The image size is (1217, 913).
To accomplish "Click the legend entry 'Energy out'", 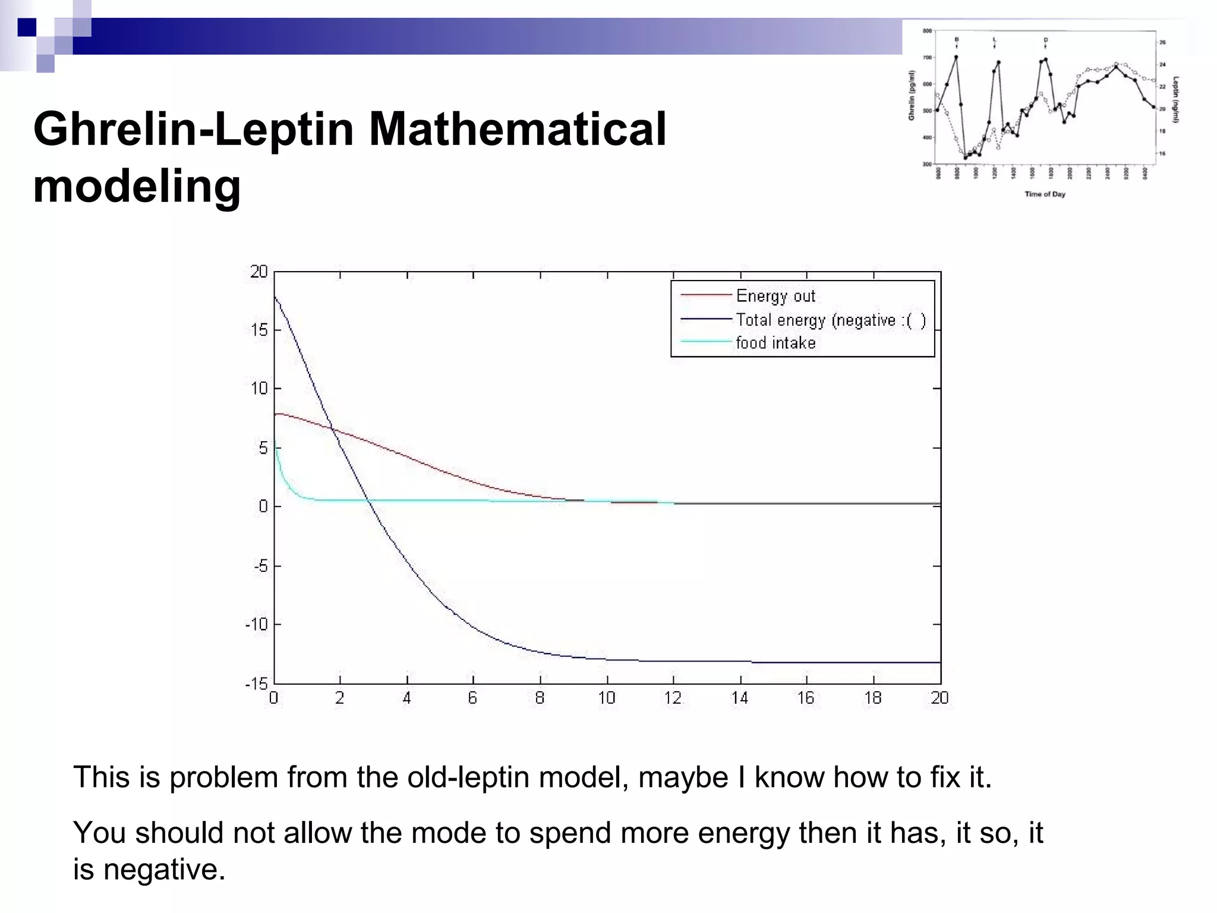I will pos(775,295).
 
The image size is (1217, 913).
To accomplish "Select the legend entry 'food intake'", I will pos(775,343).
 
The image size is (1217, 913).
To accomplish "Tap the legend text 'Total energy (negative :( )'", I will pos(830,320).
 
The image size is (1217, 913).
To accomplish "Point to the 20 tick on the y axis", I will pos(259,272).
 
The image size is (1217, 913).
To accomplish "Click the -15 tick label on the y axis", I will pos(257,684).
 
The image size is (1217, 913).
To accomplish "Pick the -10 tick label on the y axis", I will pos(257,624).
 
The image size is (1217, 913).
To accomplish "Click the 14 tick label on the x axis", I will pos(740,698).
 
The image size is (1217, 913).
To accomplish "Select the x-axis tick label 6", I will pos(473,698).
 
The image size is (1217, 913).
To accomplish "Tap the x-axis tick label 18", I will pos(873,698).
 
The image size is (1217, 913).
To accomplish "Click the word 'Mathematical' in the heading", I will pos(517,129).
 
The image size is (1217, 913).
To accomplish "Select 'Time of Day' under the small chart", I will pos(1045,194).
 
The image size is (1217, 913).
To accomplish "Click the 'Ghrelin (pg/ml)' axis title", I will pos(912,95).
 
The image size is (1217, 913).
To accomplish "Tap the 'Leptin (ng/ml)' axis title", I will pos(1176,99).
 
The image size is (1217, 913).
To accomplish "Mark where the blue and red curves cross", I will pos(332,429).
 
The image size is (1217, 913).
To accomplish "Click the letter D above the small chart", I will pos(1046,40).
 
